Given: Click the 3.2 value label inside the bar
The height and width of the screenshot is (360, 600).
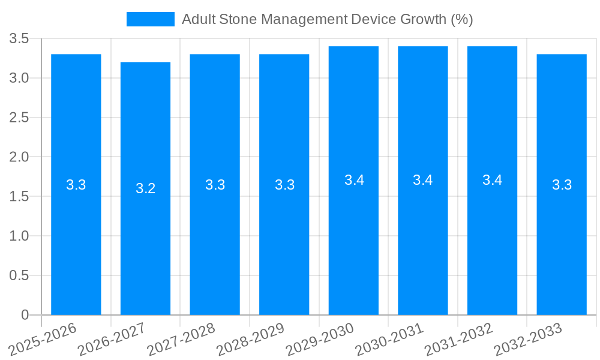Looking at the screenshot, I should click(x=145, y=188).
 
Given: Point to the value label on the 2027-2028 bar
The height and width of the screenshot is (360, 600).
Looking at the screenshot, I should click(x=215, y=185).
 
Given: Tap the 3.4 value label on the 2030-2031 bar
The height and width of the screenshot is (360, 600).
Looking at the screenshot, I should click(x=423, y=180).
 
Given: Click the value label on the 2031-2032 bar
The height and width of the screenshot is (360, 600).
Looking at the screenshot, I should click(x=492, y=180).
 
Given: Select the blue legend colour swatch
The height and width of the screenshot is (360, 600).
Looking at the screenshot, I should click(x=150, y=19).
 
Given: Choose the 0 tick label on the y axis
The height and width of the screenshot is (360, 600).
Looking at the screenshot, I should click(x=25, y=315).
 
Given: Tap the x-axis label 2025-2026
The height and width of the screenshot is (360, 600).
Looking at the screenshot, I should click(x=44, y=339).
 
